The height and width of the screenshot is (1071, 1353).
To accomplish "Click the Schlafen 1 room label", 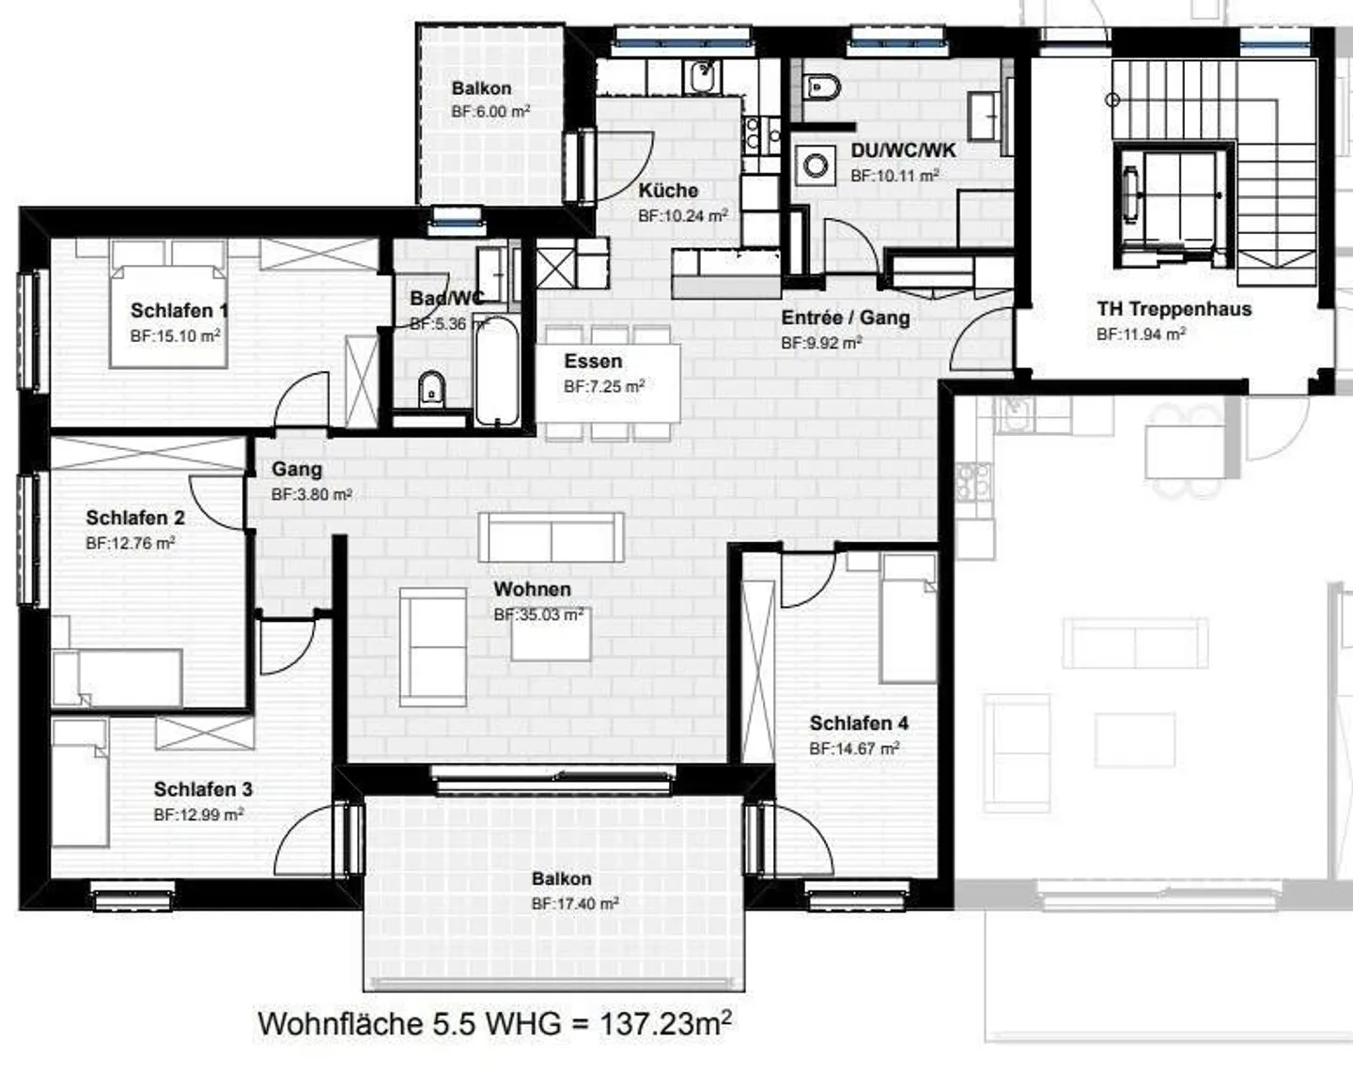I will (x=179, y=310).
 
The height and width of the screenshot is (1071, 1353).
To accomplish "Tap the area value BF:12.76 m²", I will (x=130, y=543).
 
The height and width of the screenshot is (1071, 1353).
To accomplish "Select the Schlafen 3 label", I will (x=203, y=789).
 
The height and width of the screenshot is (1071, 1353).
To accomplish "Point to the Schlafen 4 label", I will (x=859, y=723).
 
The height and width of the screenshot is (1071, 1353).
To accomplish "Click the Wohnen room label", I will (x=532, y=589).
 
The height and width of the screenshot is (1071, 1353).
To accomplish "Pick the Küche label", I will (x=668, y=191).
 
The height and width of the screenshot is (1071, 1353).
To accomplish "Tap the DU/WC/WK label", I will (x=903, y=150).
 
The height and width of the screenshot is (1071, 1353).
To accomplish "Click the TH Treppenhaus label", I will (x=1174, y=309).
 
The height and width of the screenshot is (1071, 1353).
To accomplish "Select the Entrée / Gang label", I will (x=845, y=318).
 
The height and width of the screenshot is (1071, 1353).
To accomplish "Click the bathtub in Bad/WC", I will (x=496, y=371).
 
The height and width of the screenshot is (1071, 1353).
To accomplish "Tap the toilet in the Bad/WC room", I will (x=431, y=388).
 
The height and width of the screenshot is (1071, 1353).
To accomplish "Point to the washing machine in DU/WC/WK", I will (x=814, y=167).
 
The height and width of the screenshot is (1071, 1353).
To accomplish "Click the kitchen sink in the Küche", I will (x=703, y=76).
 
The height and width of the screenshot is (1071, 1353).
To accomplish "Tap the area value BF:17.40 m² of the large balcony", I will (x=574, y=904).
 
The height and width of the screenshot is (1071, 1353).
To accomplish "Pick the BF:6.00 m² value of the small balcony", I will (x=490, y=112).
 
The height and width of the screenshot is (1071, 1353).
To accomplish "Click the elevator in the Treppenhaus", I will (x=1172, y=197).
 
